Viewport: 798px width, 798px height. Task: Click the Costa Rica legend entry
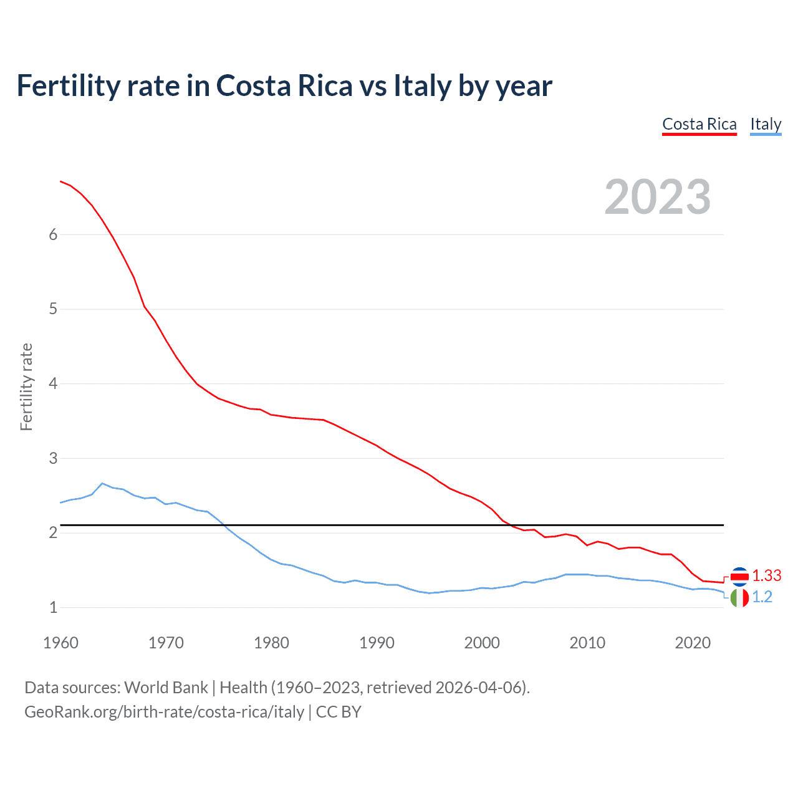coord(699,124)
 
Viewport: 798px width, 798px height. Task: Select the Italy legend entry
coord(766,124)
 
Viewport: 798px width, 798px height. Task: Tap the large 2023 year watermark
coord(658,197)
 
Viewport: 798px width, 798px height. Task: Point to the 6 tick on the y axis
coord(53,234)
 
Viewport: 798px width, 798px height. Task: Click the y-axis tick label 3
coord(53,458)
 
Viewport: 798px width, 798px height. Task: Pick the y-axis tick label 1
coord(53,607)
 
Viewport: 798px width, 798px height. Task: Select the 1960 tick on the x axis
coord(60,643)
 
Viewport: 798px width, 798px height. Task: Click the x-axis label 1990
coord(377,643)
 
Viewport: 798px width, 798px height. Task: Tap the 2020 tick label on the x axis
coord(693,643)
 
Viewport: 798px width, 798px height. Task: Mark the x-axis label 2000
coord(482,643)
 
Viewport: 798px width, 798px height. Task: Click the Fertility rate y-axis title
coord(26,387)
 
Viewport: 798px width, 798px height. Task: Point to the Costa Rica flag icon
coord(739,577)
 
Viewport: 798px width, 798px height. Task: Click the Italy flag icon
coord(739,598)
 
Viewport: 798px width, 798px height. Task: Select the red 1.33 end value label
coord(766,575)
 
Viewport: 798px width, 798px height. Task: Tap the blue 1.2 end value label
coord(762,597)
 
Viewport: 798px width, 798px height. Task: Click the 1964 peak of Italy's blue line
coord(102,483)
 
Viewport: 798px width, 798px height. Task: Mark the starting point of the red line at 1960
coord(60,181)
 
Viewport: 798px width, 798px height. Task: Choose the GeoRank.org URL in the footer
coord(164,712)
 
